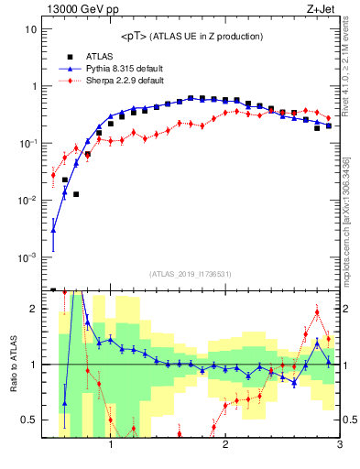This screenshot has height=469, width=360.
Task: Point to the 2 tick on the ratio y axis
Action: [x=33, y=309]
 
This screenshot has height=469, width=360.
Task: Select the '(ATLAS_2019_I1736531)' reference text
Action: [x=191, y=274]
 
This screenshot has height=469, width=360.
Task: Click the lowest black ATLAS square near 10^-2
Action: [x=77, y=194]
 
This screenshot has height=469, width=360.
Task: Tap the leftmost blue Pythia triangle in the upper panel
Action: [x=53, y=230]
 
